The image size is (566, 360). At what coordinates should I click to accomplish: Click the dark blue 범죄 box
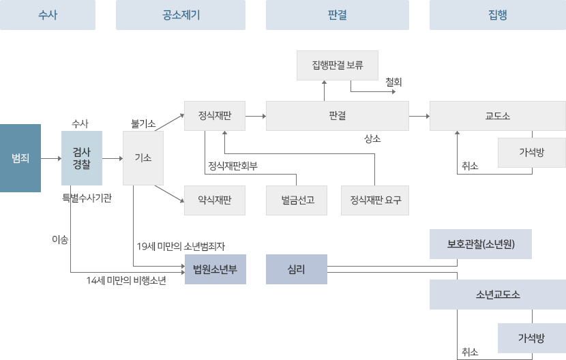(20, 158)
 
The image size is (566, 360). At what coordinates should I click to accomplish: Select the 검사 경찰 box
(82, 158)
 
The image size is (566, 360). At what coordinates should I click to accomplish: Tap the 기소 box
(143, 158)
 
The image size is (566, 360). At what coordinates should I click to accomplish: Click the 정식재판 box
(215, 116)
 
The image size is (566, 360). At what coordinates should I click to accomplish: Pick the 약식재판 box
(215, 200)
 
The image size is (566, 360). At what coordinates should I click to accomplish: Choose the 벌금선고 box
(297, 200)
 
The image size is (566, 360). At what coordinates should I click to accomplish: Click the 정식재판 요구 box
(375, 200)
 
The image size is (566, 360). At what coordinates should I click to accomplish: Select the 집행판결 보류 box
(338, 65)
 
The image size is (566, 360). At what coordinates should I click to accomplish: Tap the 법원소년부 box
(215, 269)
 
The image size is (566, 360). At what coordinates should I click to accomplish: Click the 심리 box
(297, 269)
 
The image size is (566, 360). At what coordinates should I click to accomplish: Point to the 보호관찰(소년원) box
(481, 244)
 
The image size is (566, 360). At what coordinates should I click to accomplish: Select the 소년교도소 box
(498, 295)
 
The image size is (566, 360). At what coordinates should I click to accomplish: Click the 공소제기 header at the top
(181, 15)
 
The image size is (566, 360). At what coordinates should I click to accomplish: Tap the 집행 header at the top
(498, 15)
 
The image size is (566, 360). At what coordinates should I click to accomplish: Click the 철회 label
(393, 82)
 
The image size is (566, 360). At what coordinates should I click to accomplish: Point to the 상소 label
(372, 138)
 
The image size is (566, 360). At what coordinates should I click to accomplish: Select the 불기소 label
(143, 124)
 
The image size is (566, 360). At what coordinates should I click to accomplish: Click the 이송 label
(60, 239)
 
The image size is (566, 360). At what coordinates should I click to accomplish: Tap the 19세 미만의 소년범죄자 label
(181, 246)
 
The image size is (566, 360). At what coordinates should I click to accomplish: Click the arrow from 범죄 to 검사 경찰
(51, 158)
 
